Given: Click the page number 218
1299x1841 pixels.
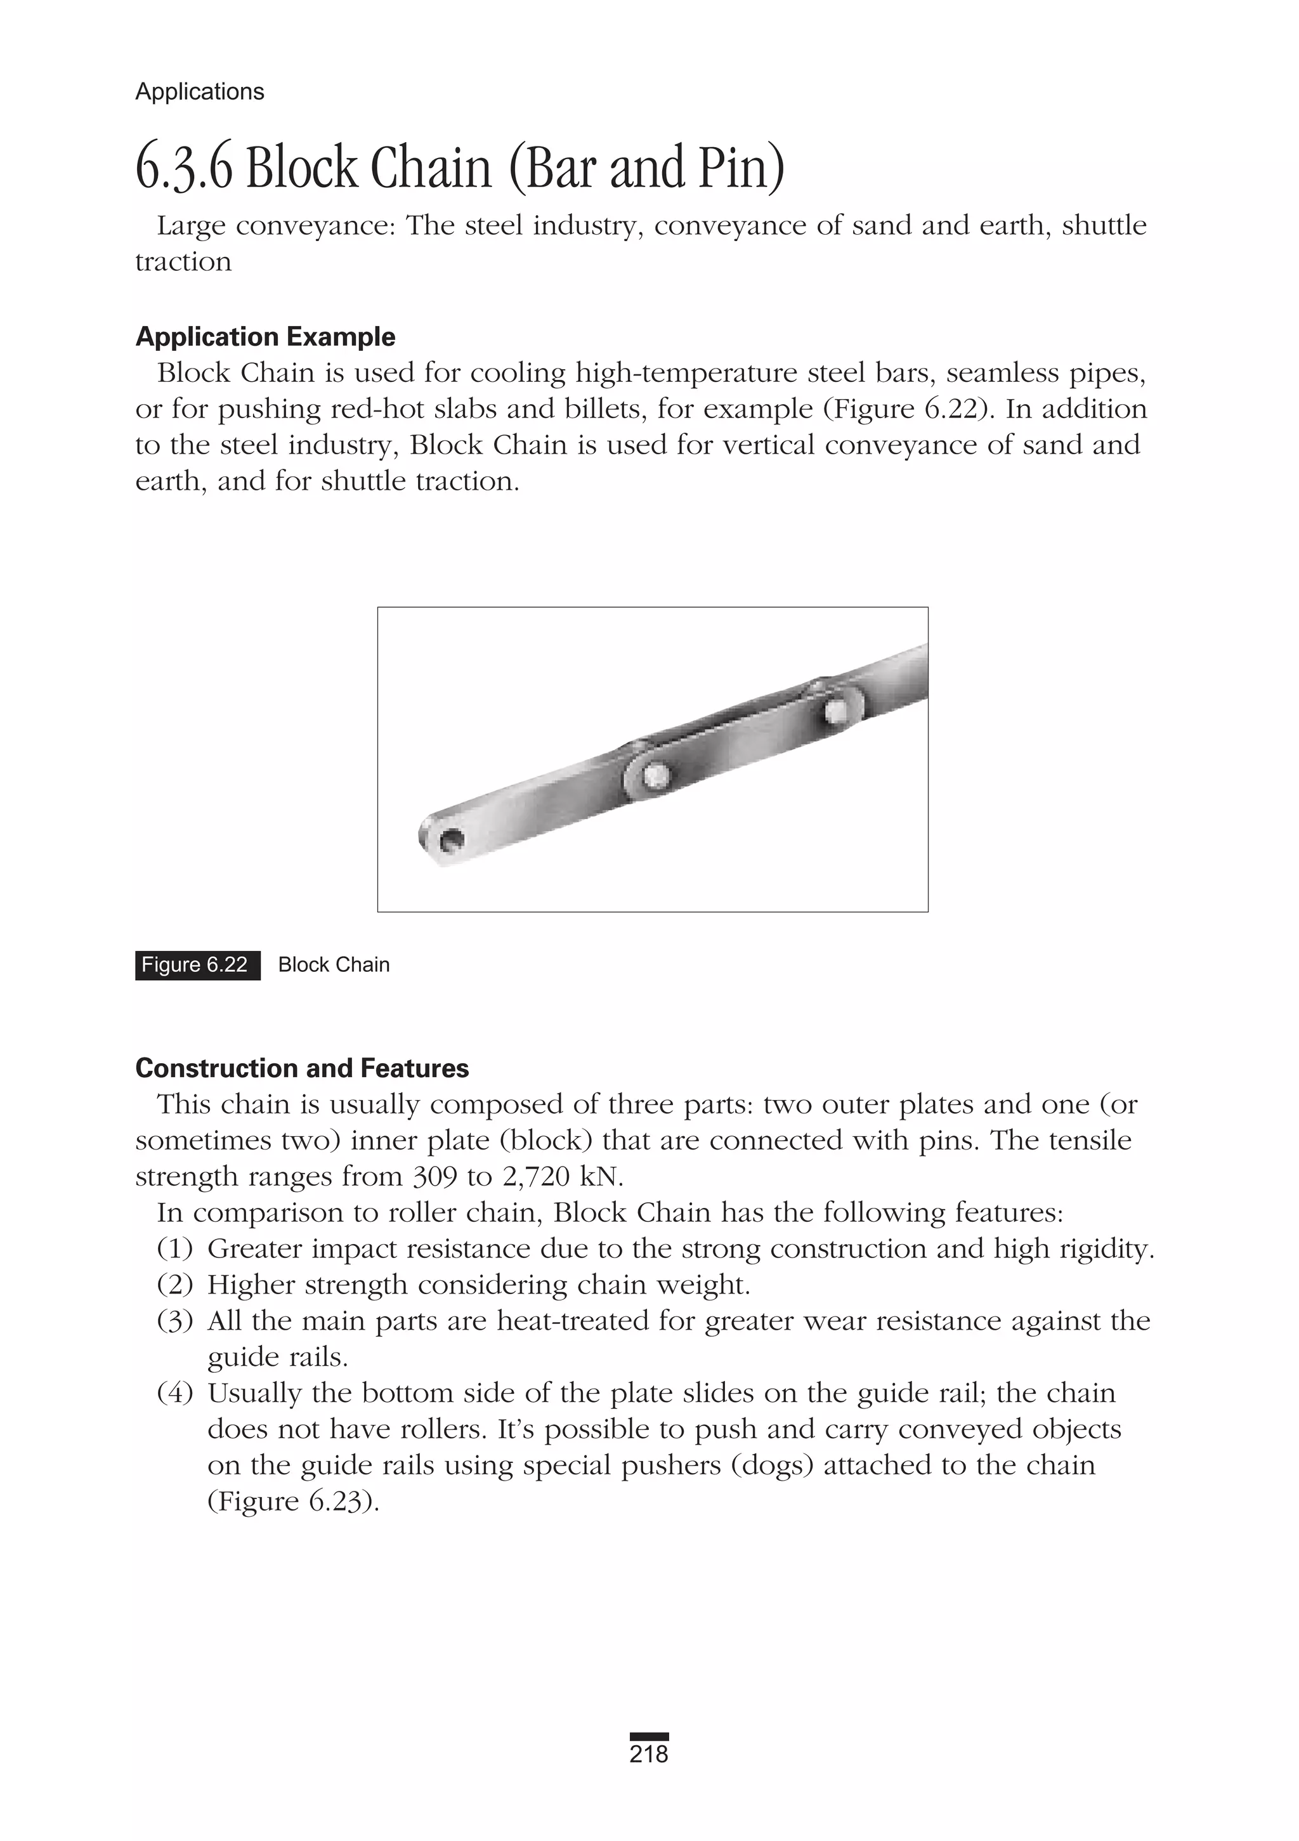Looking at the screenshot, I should pyautogui.click(x=649, y=1753).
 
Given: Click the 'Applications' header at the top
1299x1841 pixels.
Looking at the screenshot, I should pyautogui.click(x=200, y=91).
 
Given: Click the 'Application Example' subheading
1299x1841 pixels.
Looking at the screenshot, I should pyautogui.click(x=265, y=337).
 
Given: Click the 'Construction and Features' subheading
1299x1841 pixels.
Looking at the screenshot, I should pyautogui.click(x=303, y=1068).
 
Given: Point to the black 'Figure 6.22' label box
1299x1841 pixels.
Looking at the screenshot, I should pyautogui.click(x=197, y=965).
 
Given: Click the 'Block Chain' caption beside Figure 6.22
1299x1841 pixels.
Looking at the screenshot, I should pyautogui.click(x=334, y=965).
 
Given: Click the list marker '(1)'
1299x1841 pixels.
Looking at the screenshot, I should pyautogui.click(x=175, y=1249).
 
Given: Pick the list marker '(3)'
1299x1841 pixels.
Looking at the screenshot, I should pyautogui.click(x=175, y=1321).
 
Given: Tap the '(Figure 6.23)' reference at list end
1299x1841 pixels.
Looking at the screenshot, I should pyautogui.click(x=292, y=1502).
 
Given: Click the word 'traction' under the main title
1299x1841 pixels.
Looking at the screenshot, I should pyautogui.click(x=183, y=262).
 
